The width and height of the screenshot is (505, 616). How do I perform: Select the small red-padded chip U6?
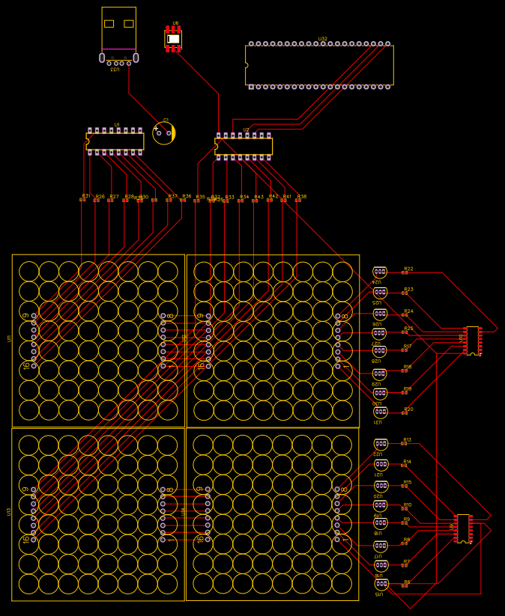173,38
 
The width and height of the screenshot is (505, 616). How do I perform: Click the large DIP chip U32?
319,65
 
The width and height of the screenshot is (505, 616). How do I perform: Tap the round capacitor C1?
163,133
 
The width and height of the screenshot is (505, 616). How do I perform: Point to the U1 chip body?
115,141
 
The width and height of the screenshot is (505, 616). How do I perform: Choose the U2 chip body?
244,146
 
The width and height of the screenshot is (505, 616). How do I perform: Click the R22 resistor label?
408,268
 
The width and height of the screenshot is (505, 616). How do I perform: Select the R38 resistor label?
302,196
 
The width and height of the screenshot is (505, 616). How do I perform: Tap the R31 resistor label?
85,195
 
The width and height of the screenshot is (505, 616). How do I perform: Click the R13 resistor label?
407,440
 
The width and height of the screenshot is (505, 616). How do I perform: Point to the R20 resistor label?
408,409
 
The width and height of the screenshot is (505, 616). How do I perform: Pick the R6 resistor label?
407,582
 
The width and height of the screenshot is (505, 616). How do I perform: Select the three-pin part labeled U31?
380,412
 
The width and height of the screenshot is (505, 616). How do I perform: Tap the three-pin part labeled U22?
381,445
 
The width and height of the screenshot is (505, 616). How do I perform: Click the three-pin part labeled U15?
381,584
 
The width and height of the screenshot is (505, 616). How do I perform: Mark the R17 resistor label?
407,346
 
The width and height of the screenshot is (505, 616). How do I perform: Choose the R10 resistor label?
407,504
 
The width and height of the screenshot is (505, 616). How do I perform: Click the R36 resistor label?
187,196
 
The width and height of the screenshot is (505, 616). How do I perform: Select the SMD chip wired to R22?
472,341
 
